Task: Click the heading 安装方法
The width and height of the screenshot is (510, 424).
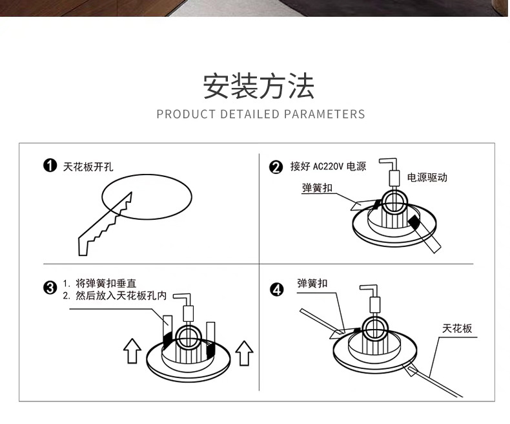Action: click(259, 87)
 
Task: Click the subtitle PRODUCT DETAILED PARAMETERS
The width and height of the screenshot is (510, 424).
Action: click(261, 114)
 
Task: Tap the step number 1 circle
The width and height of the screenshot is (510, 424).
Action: click(49, 167)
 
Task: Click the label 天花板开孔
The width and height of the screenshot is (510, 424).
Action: click(88, 167)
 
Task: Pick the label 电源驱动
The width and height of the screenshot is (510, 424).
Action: click(427, 177)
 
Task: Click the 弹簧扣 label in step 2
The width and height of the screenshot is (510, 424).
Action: click(317, 188)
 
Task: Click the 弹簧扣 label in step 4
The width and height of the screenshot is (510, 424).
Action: click(312, 284)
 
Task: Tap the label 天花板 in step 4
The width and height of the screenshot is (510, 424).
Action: click(457, 328)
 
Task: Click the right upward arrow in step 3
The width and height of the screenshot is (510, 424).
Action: click(244, 354)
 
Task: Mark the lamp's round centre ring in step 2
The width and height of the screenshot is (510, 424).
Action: click(393, 203)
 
